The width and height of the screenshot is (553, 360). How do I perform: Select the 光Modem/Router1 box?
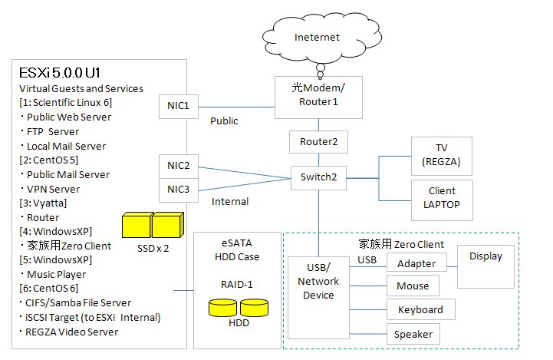point(319,97)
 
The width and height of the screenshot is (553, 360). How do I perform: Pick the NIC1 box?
point(179,107)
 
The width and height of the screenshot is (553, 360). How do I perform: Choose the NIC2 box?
point(179,166)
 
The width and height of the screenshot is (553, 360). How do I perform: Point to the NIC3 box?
point(179,190)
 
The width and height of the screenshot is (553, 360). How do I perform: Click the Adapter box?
point(416,263)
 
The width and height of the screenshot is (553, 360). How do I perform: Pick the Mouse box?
point(413,286)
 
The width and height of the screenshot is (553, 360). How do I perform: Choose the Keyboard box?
point(420,309)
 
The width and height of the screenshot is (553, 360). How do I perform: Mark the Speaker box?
point(413,334)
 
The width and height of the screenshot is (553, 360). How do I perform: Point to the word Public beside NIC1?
point(223,121)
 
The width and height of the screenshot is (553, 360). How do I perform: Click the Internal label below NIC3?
point(229,202)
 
